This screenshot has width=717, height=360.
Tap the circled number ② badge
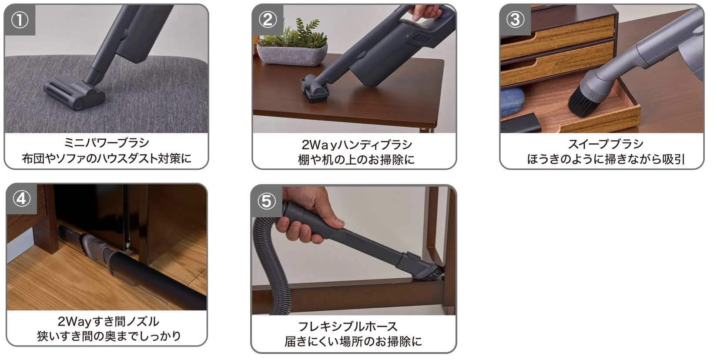[x=268, y=20]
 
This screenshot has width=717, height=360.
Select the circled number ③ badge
[x=516, y=20]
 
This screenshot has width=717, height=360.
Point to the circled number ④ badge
[x=22, y=199]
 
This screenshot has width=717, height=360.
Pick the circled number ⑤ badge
[x=267, y=201]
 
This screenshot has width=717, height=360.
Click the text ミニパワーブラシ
[x=107, y=143]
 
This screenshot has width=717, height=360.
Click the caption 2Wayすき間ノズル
[x=108, y=322]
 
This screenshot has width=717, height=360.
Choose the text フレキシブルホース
[x=348, y=326]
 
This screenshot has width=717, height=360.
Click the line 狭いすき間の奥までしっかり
[x=108, y=336]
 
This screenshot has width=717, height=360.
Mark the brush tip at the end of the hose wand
[x=430, y=272]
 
